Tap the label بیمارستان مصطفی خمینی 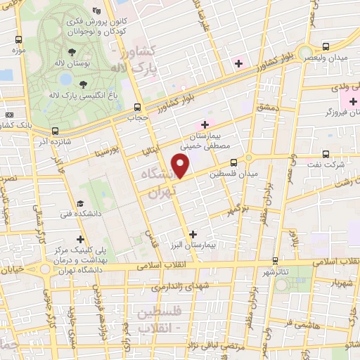coord(212,143)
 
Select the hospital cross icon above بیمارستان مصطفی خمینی coord(204,124)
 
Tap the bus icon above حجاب coord(138,107)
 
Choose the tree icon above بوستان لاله coord(72,51)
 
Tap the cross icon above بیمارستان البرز coord(193,233)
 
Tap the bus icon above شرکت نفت coord(324,153)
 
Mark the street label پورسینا coord(109,152)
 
